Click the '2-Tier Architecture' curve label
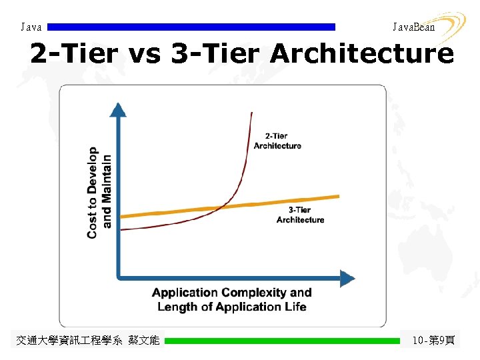click(x=277, y=141)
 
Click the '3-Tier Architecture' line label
click(x=300, y=215)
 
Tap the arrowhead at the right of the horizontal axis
click(x=347, y=276)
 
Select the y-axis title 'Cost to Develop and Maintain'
click(x=99, y=193)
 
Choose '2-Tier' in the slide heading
click(x=74, y=54)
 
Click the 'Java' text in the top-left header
click(x=31, y=27)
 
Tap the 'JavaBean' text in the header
click(x=413, y=27)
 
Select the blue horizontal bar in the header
click(x=191, y=27)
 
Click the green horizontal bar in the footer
click(x=282, y=341)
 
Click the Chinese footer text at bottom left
click(x=88, y=341)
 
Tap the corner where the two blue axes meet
click(x=118, y=276)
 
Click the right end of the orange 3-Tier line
click(x=338, y=196)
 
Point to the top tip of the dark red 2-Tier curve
click(x=251, y=113)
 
